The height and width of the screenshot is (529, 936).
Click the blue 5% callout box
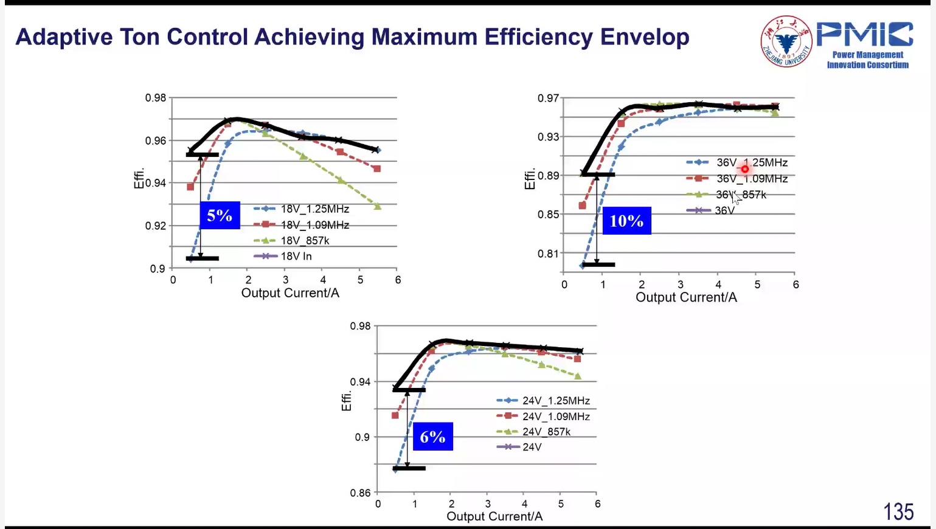point(220,215)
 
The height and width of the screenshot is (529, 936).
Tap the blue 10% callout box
point(627,221)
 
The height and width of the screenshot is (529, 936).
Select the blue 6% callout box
point(433,437)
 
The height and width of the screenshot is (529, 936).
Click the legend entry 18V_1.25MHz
point(301,209)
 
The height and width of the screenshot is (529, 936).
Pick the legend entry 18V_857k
point(291,241)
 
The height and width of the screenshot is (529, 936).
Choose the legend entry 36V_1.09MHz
point(737,179)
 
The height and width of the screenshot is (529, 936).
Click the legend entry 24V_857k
point(533,432)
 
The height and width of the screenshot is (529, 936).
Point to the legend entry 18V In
point(282,256)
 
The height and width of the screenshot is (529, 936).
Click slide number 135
point(898,511)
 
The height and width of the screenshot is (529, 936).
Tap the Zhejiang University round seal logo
point(786,41)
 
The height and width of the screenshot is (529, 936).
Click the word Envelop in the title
point(645,36)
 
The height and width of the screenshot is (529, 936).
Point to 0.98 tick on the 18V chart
point(156,98)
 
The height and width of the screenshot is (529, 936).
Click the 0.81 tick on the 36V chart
point(548,253)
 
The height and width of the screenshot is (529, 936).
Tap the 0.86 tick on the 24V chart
point(361,493)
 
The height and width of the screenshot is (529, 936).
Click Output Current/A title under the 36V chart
point(686,297)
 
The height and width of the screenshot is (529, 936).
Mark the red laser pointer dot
point(745,169)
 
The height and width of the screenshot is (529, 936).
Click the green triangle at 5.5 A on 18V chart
point(377,206)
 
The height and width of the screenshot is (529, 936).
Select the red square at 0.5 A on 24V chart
point(395,415)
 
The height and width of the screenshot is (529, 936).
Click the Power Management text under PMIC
point(868,55)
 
